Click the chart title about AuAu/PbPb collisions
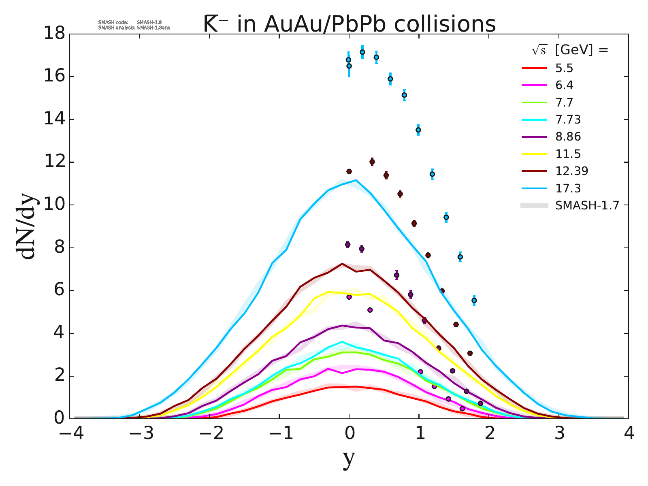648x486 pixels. pyautogui.click(x=349, y=24)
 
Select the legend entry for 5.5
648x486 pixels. pyautogui.click(x=564, y=68)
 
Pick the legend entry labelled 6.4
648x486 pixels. pyautogui.click(x=564, y=85)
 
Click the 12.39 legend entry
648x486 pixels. pyautogui.click(x=571, y=171)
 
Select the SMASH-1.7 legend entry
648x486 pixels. pyautogui.click(x=587, y=205)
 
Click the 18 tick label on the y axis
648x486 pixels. pyautogui.click(x=55, y=34)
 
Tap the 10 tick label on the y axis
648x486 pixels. pyautogui.click(x=55, y=205)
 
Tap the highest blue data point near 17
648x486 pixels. pyautogui.click(x=362, y=52)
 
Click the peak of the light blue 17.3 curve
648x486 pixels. pyautogui.click(x=356, y=180)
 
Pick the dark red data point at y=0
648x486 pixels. pyautogui.click(x=349, y=171)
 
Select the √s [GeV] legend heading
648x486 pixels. pyautogui.click(x=570, y=50)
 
